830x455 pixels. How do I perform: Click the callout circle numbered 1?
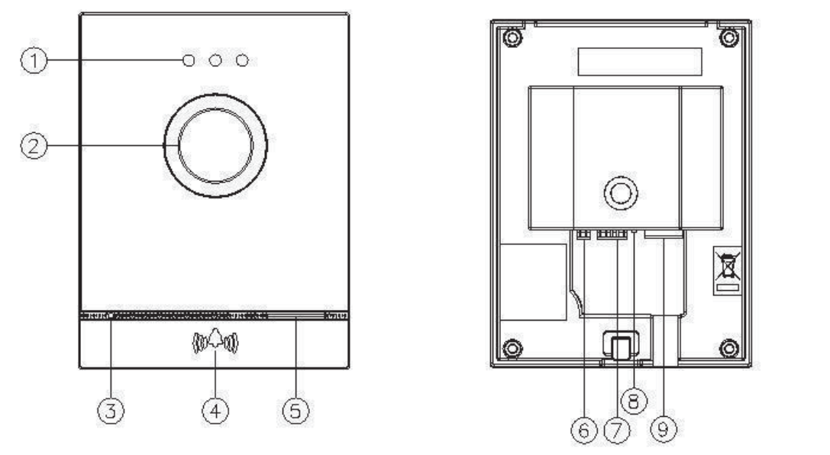[x=34, y=60]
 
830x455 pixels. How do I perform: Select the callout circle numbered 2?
[x=34, y=146]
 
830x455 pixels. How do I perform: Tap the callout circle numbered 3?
[x=111, y=411]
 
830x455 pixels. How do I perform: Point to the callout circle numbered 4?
[x=215, y=411]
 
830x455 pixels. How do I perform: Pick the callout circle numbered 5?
[x=296, y=411]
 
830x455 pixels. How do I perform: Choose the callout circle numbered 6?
[x=584, y=431]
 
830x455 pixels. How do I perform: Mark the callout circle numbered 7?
[x=617, y=431]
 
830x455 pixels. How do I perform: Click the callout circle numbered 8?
[x=634, y=401]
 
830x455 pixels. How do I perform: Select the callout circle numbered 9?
[x=664, y=429]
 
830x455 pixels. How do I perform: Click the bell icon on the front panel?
[x=215, y=340]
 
